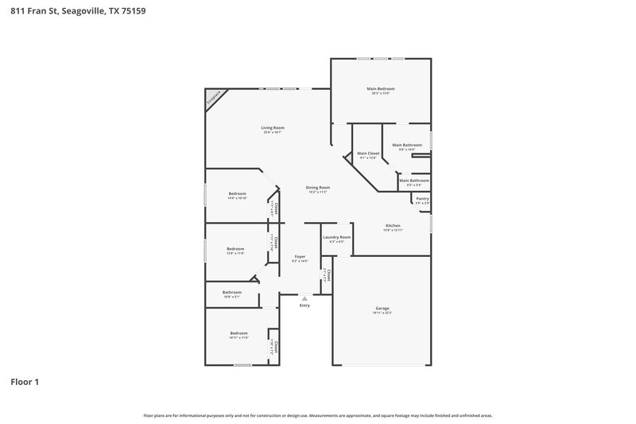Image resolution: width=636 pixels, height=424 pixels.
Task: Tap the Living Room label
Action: (x=273, y=128)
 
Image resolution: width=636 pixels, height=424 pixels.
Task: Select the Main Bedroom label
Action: (x=380, y=89)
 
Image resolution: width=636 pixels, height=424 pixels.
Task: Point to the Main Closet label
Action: (x=367, y=154)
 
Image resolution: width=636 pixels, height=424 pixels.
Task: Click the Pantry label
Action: (x=422, y=199)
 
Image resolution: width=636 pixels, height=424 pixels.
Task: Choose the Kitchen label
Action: (x=393, y=226)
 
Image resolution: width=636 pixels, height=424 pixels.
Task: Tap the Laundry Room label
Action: (x=336, y=238)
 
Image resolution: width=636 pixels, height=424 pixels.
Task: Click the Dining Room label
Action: (x=318, y=189)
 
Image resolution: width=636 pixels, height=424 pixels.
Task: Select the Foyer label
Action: (x=300, y=257)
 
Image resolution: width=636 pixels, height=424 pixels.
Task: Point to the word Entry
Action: (x=304, y=305)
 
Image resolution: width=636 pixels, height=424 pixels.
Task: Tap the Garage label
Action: (x=382, y=309)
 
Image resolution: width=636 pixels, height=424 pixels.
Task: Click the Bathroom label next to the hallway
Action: (x=231, y=293)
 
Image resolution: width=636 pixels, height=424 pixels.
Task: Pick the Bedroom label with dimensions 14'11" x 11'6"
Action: (x=238, y=333)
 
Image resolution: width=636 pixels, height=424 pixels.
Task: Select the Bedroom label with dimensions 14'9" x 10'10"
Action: (x=237, y=194)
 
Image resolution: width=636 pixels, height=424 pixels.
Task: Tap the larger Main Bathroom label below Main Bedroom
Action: (x=406, y=146)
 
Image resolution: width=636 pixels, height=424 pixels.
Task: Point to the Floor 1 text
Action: (x=24, y=382)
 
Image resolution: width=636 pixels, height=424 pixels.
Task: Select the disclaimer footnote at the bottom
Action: (x=317, y=415)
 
